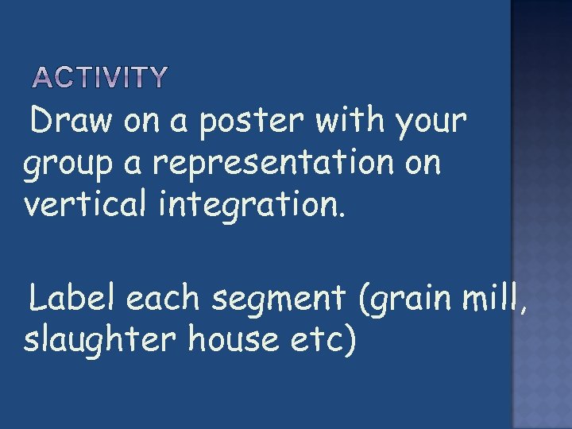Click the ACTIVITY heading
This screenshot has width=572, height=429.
[100, 77]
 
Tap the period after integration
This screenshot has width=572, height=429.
[342, 213]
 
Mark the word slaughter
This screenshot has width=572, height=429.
[100, 340]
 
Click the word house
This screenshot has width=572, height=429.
[227, 340]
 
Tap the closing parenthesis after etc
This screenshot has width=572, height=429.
[350, 342]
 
